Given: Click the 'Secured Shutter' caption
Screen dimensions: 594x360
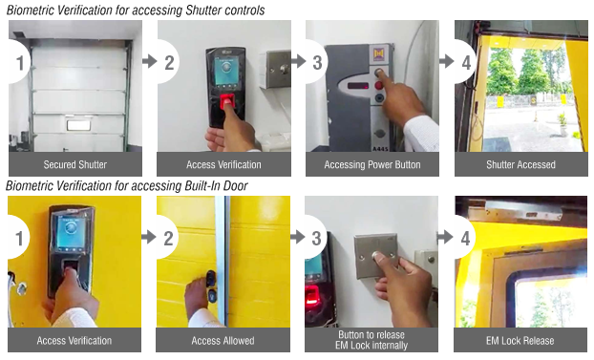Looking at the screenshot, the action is coord(75,164).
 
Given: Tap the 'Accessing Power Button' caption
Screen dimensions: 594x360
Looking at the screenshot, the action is coord(372,164).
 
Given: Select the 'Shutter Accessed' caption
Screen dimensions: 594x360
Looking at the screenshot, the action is coord(520,164).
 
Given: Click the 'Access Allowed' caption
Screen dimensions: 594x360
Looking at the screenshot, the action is coord(223,341).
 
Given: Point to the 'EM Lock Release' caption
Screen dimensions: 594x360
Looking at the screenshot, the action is coord(520,341).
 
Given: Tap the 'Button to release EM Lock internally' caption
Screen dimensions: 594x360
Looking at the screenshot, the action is coord(371,340).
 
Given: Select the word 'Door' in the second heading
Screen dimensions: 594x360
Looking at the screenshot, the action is coord(235,186).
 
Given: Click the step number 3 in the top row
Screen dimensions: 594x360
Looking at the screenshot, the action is coord(317,62).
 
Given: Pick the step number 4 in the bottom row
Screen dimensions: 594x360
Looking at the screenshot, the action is coord(466,239).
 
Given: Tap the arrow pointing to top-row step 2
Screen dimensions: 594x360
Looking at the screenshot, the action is coord(150,61).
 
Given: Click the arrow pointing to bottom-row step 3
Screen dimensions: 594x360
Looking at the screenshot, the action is coord(298,237).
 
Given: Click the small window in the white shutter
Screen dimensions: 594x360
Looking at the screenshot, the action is coord(79,125).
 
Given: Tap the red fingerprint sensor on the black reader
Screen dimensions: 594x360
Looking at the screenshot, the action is coord(227,102).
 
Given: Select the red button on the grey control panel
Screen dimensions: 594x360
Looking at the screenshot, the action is coord(379,85).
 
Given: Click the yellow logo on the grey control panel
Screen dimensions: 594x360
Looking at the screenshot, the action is coord(379,54).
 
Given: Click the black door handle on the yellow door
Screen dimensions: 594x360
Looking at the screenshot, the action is coord(211,286).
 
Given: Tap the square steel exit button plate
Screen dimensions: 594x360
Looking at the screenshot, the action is coord(375,256).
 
